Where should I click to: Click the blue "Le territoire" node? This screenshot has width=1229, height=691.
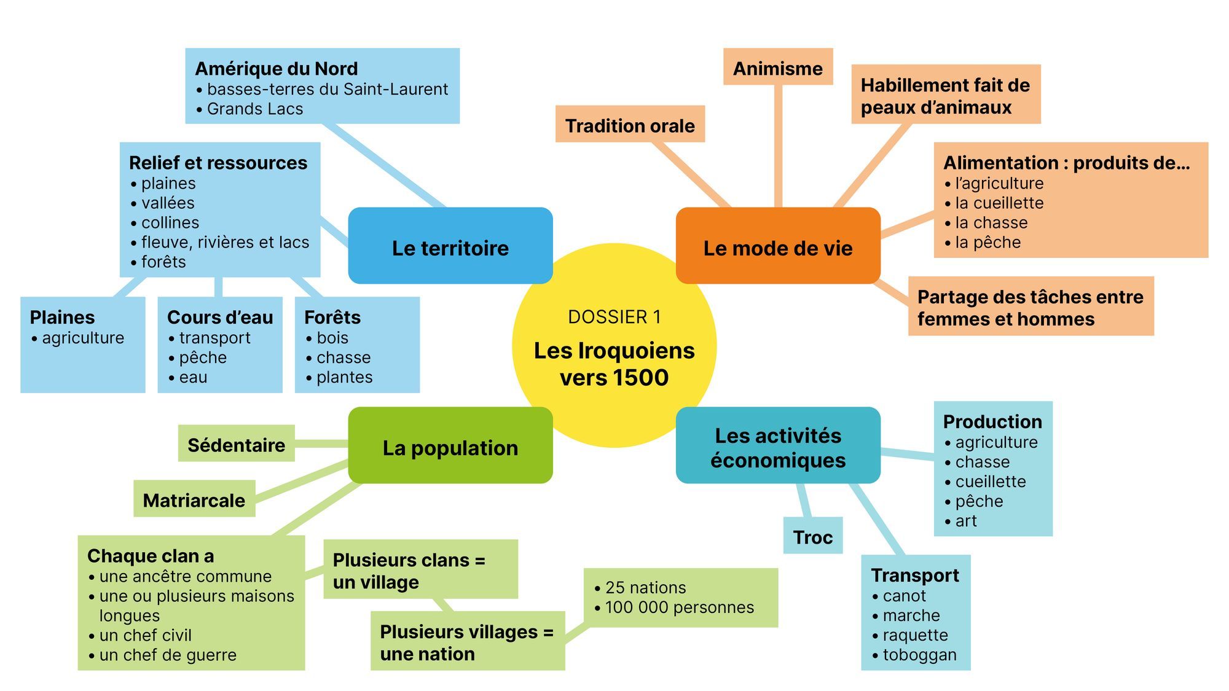click(450, 246)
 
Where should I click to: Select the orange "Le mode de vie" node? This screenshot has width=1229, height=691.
click(778, 246)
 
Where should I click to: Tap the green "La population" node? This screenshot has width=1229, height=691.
click(450, 445)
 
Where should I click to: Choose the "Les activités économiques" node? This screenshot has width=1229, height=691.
click(778, 445)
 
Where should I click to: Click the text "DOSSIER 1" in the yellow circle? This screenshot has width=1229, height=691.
click(614, 317)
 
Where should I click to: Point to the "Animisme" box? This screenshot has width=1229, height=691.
click(778, 66)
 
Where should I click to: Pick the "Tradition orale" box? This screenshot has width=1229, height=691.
click(630, 124)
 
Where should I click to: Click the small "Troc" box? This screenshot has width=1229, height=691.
click(813, 536)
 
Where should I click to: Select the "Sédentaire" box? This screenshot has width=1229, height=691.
click(237, 443)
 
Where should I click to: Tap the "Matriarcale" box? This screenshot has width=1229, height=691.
click(194, 499)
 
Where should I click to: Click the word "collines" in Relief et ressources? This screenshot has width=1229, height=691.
click(170, 222)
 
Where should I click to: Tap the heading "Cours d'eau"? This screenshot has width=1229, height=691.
click(220, 318)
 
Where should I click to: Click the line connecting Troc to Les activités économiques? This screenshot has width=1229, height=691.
click(804, 501)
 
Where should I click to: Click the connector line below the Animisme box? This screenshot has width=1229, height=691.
click(778, 146)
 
